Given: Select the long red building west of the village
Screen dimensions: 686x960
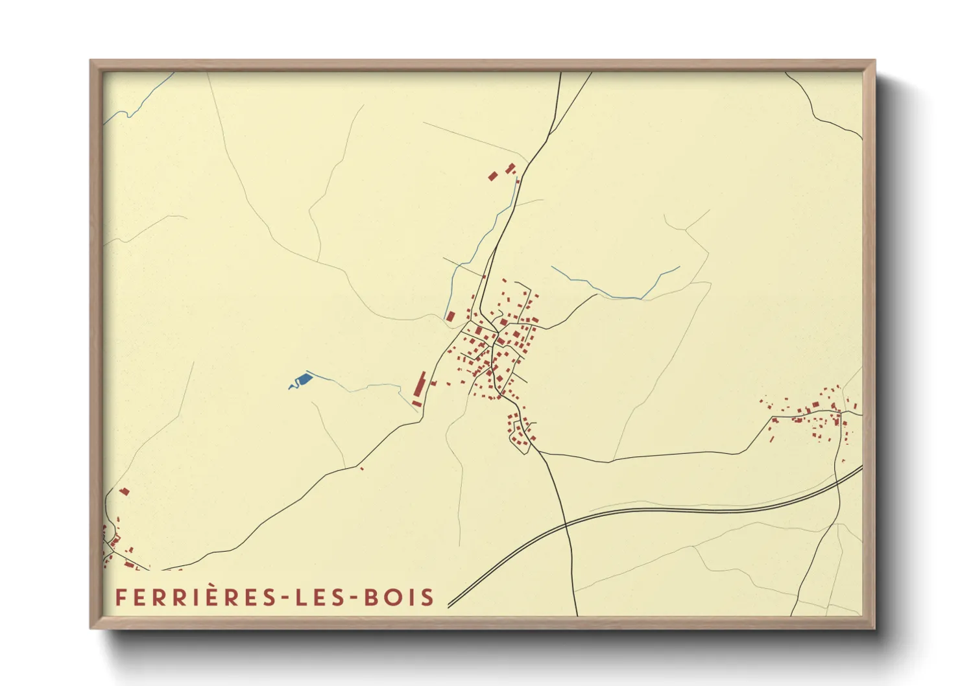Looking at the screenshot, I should [419, 388].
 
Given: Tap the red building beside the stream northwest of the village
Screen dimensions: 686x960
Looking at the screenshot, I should [450, 316].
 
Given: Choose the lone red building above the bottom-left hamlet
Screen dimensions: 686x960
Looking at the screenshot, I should [125, 491].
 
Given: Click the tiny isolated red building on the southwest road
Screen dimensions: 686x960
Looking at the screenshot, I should [361, 468].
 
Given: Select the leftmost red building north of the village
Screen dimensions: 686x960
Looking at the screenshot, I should [492, 176].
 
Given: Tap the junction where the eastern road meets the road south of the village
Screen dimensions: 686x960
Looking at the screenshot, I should [538, 452].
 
